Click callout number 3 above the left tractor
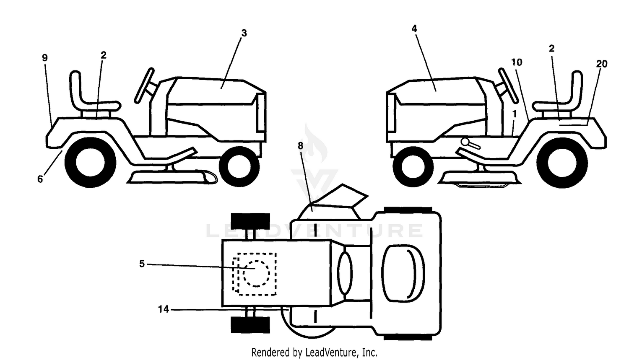pyautogui.click(x=244, y=33)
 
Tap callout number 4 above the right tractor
pyautogui.click(x=414, y=28)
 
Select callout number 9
pyautogui.click(x=44, y=58)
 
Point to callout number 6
pyautogui.click(x=40, y=179)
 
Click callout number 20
pyautogui.click(x=601, y=64)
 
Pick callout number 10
pyautogui.click(x=516, y=62)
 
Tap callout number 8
pyautogui.click(x=301, y=145)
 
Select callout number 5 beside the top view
pyautogui.click(x=142, y=264)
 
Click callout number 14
pyautogui.click(x=164, y=309)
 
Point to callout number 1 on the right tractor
pyautogui.click(x=515, y=114)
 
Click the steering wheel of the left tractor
pyautogui.click(x=144, y=85)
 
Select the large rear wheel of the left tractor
pyautogui.click(x=90, y=163)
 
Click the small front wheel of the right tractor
pyautogui.click(x=413, y=166)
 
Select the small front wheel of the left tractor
pyautogui.click(x=239, y=166)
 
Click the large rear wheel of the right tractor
pyautogui.click(x=562, y=163)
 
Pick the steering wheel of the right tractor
pyautogui.click(x=509, y=85)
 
